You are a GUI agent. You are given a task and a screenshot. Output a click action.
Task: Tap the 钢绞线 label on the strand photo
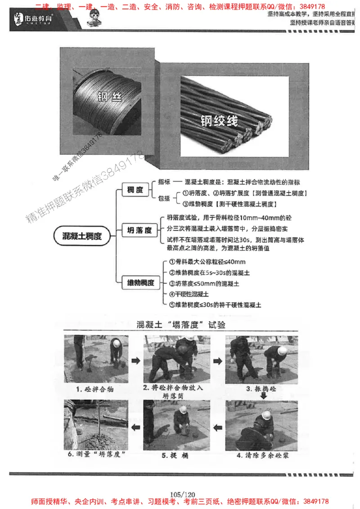(219, 121)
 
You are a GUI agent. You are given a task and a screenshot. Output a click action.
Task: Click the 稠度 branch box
(135, 190)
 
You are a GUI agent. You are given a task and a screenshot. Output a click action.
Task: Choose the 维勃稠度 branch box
(140, 282)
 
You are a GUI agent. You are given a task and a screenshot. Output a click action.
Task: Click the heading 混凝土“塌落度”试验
(181, 324)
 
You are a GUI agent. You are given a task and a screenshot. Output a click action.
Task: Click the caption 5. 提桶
(176, 455)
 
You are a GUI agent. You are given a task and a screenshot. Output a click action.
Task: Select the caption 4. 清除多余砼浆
(263, 455)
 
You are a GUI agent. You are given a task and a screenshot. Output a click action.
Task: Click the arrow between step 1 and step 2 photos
(135, 360)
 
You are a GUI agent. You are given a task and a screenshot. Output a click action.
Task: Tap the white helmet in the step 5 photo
(183, 409)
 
